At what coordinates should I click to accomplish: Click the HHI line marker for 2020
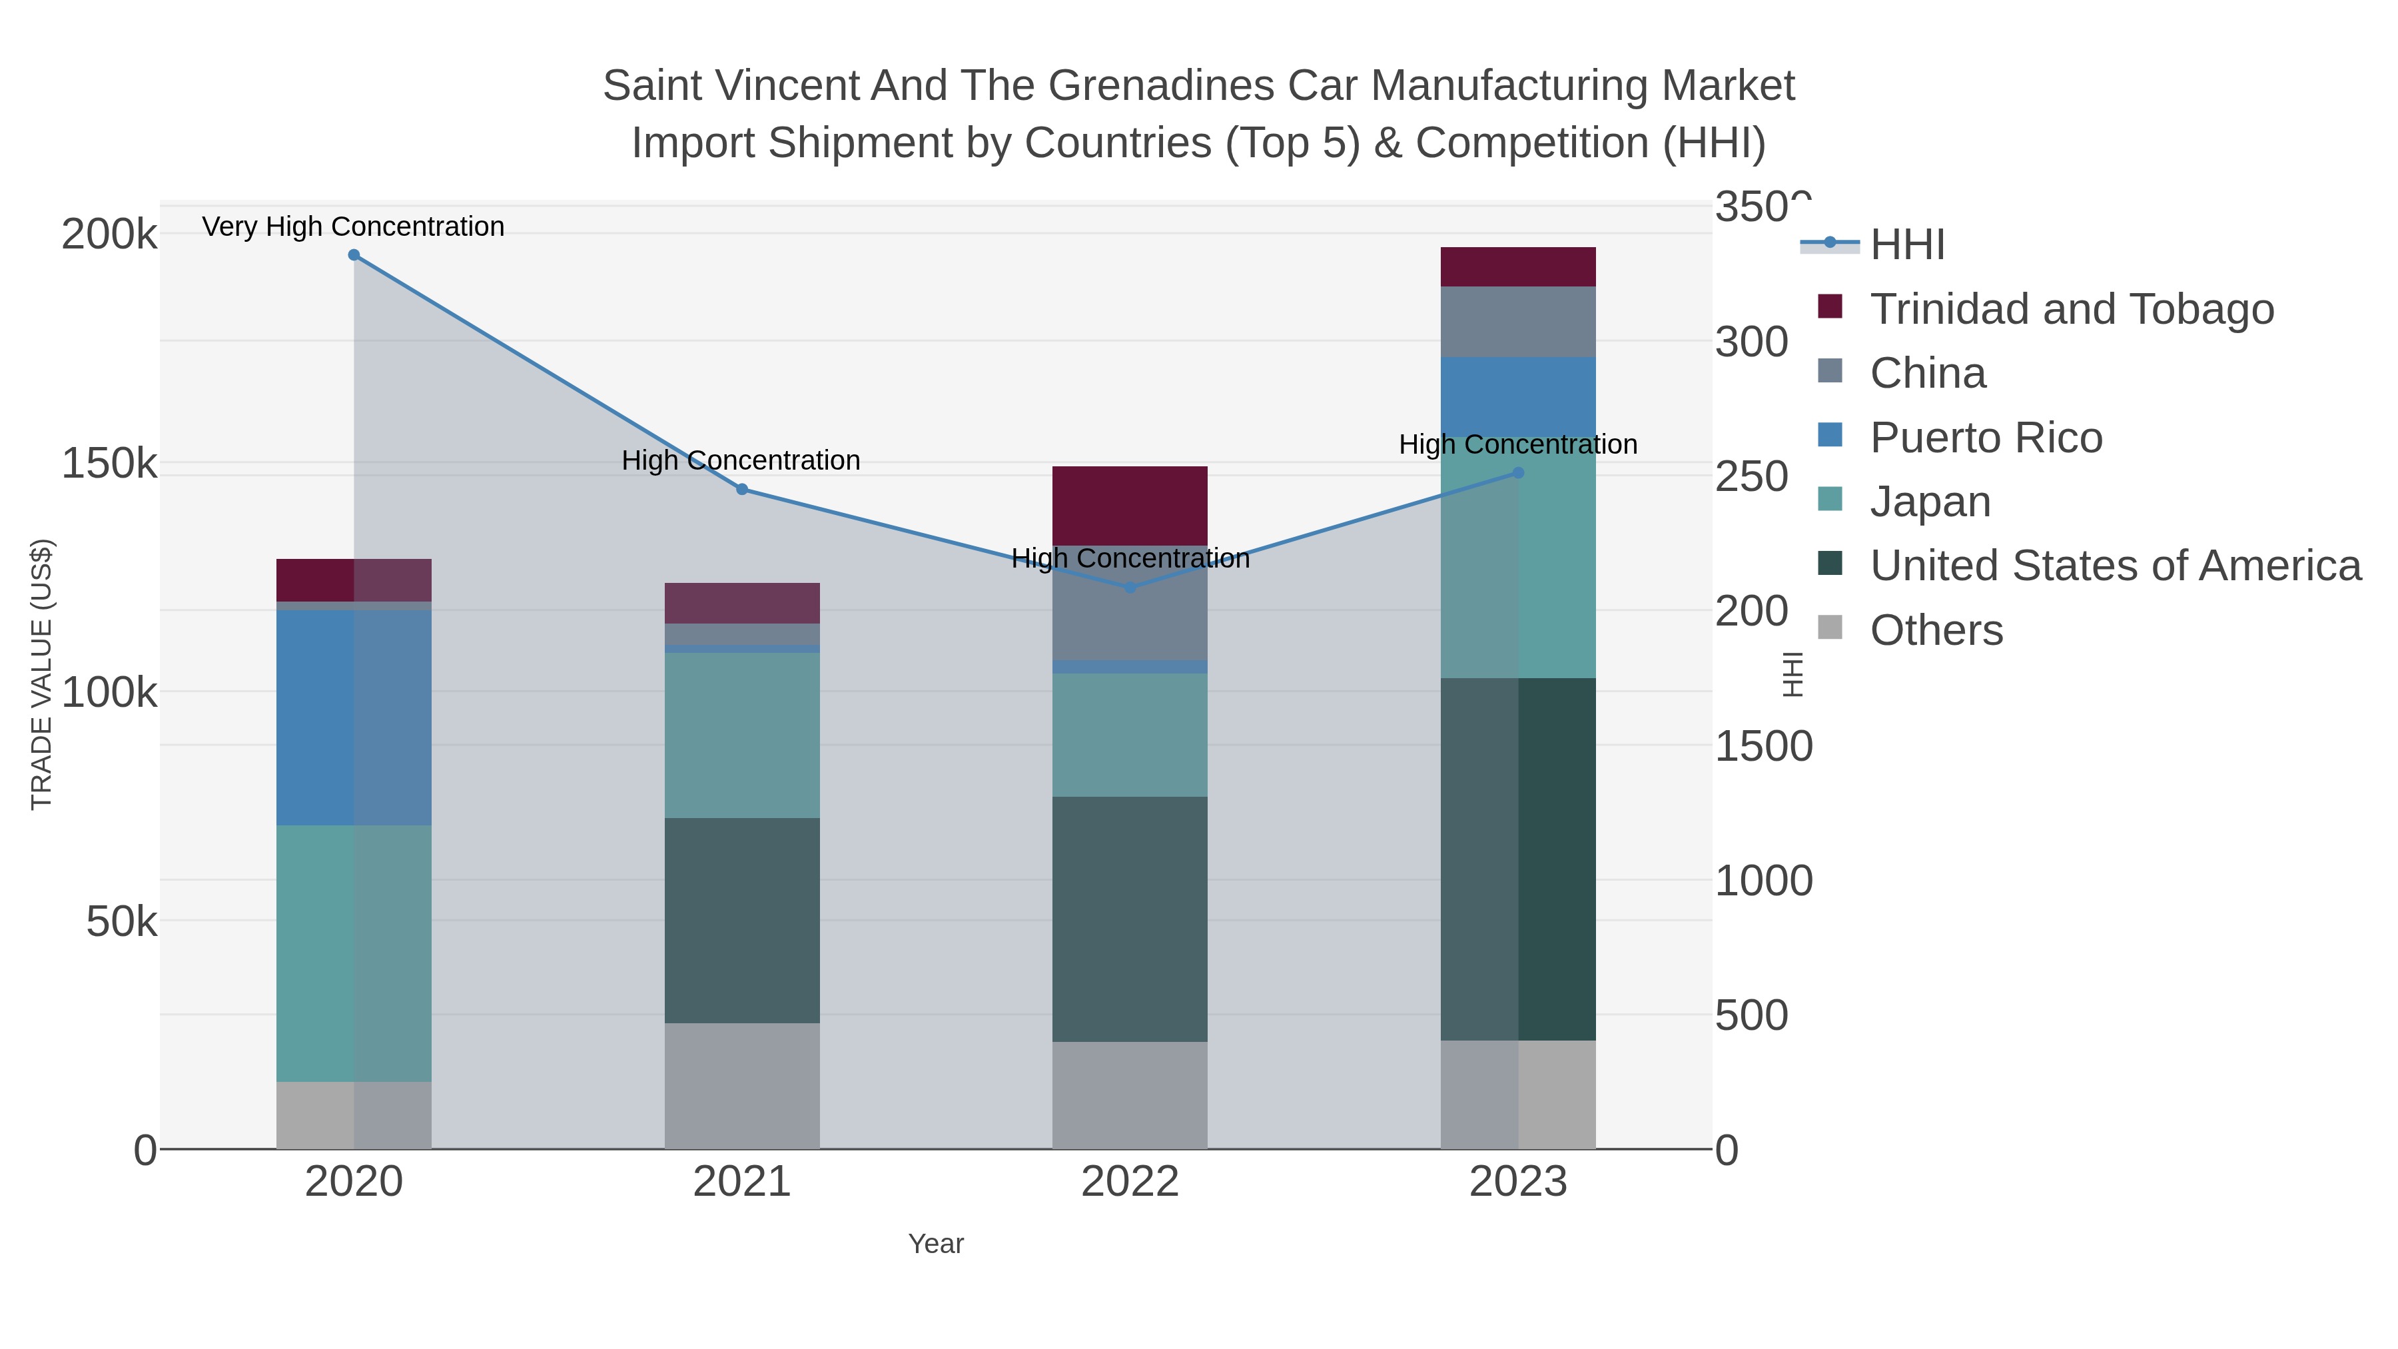pyautogui.click(x=354, y=255)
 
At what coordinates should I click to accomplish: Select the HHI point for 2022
pyautogui.click(x=1130, y=588)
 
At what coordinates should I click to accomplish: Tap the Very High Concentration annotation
pyautogui.click(x=353, y=227)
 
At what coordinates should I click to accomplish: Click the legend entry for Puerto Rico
pyautogui.click(x=1986, y=438)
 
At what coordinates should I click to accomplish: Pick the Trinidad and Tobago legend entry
pyautogui.click(x=2071, y=309)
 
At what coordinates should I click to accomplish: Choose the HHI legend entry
pyautogui.click(x=1906, y=245)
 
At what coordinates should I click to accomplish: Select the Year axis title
pyautogui.click(x=936, y=1244)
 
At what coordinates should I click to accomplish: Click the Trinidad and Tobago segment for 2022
pyautogui.click(x=1130, y=506)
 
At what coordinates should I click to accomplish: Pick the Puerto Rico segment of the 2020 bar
pyautogui.click(x=354, y=717)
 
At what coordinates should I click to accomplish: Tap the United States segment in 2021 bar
pyautogui.click(x=742, y=920)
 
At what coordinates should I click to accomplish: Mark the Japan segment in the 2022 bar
pyautogui.click(x=1130, y=735)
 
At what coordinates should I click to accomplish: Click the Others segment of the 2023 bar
pyautogui.click(x=1518, y=1094)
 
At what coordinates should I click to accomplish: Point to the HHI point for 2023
pyautogui.click(x=1518, y=473)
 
